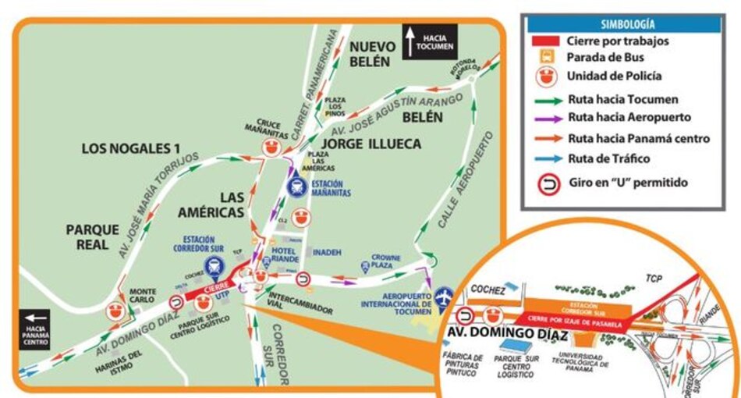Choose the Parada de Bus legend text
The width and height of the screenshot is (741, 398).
pyautogui.click(x=606, y=59)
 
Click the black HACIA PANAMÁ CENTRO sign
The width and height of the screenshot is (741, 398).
pyautogui.click(x=34, y=329)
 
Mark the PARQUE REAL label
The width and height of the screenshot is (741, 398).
pyautogui.click(x=93, y=237)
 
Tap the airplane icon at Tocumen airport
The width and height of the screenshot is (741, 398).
pyautogui.click(x=445, y=297)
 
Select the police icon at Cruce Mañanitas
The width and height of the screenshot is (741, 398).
pyautogui.click(x=272, y=147)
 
